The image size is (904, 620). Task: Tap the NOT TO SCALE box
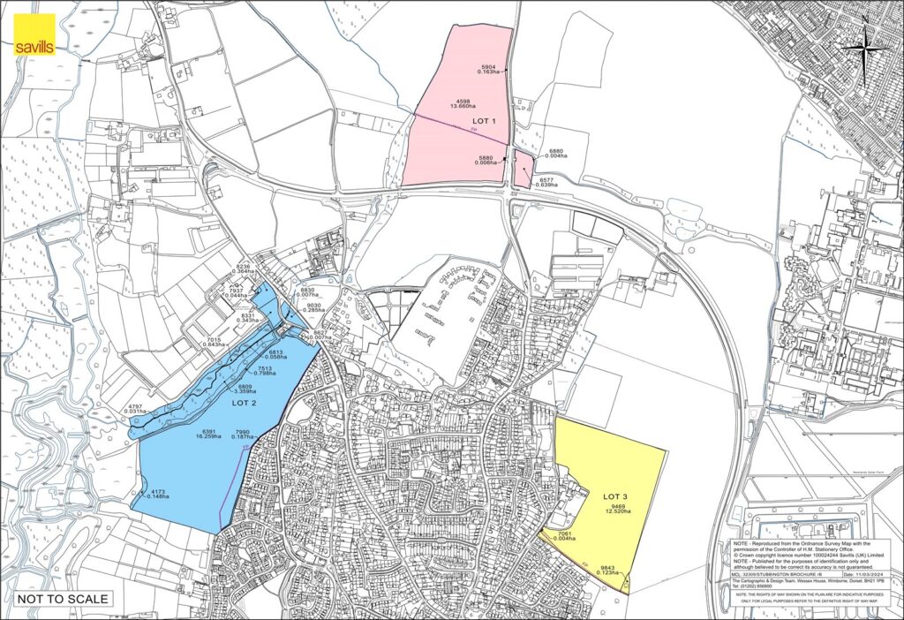coord(62,599)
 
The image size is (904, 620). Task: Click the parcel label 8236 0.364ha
coord(245,268)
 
